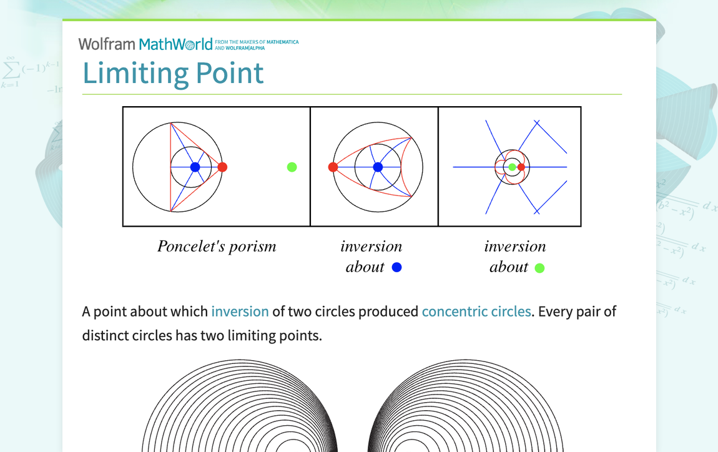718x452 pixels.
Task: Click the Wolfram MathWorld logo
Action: [x=145, y=44]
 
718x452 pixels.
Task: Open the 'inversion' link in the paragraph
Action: [x=240, y=312]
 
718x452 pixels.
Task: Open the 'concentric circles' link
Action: [x=476, y=312]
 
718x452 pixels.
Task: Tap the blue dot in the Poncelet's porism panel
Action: [x=195, y=167]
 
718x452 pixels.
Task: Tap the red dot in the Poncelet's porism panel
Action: [x=222, y=167]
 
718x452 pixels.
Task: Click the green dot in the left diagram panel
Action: [x=292, y=167]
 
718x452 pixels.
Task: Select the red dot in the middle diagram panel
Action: [x=333, y=167]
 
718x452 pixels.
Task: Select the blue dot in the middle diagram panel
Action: [x=378, y=167]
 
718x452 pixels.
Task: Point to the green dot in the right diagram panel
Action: [x=512, y=167]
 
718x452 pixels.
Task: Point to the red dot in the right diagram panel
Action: [x=521, y=167]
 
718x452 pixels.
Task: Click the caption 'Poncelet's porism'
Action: [x=217, y=247]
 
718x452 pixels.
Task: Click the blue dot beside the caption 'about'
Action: [x=396, y=267]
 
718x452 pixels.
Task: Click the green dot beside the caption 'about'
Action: [x=539, y=268]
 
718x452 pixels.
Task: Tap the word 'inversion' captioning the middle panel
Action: [x=371, y=247]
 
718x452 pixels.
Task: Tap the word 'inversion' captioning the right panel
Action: [x=515, y=247]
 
